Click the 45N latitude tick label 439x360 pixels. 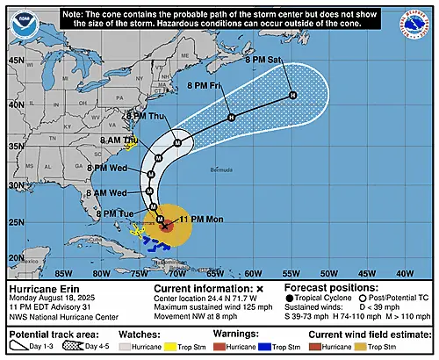tap(16, 60)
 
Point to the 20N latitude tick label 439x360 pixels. tap(16, 256)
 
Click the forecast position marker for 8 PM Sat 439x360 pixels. tap(293, 95)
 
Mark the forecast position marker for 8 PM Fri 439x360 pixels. tap(230, 118)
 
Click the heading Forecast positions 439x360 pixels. tap(329, 287)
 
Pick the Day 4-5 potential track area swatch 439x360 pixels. tap(76, 346)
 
